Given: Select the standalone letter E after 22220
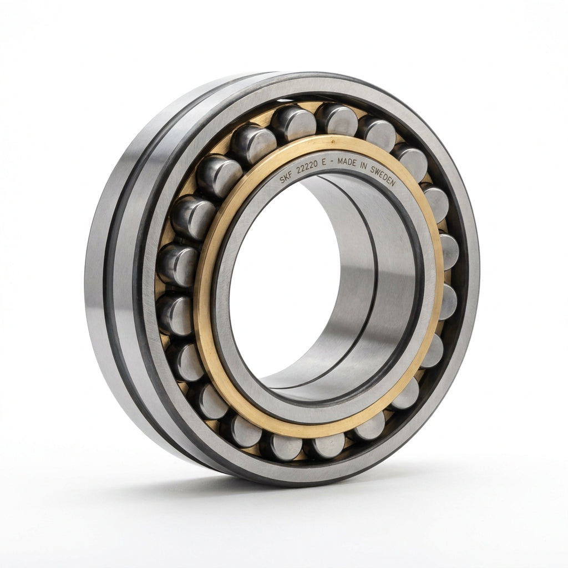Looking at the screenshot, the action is [x=324, y=162].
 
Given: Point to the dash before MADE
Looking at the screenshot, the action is [x=332, y=161].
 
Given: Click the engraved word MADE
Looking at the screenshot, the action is [x=347, y=163].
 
